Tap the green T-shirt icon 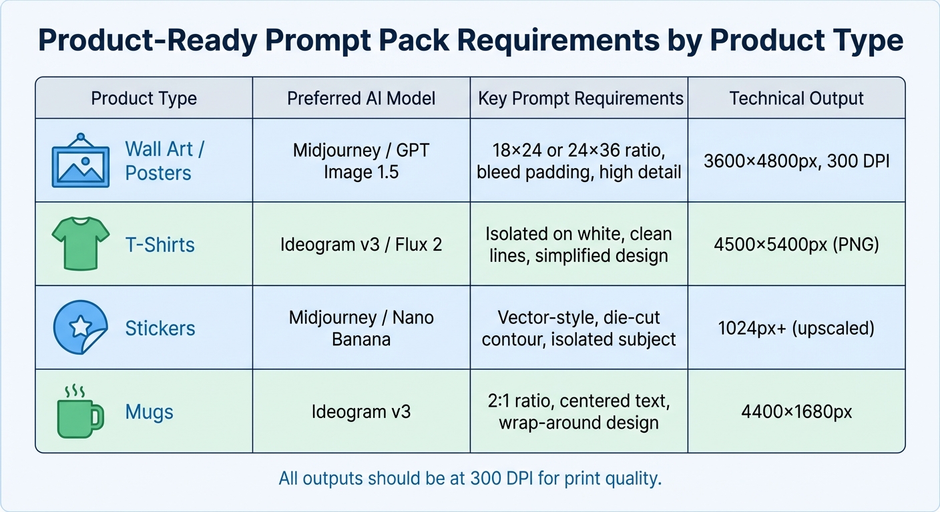pyautogui.click(x=80, y=245)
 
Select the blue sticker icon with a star pyautogui.click(x=80, y=327)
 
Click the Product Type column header pyautogui.click(x=144, y=99)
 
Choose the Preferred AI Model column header pyautogui.click(x=361, y=99)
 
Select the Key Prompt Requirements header pyautogui.click(x=580, y=99)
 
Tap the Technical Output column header pyautogui.click(x=796, y=99)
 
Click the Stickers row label pyautogui.click(x=160, y=328)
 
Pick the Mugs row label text pyautogui.click(x=150, y=412)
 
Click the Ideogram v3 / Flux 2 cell pyautogui.click(x=361, y=245)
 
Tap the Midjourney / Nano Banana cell pyautogui.click(x=361, y=328)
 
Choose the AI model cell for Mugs pyautogui.click(x=361, y=412)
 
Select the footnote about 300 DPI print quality pyautogui.click(x=470, y=479)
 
